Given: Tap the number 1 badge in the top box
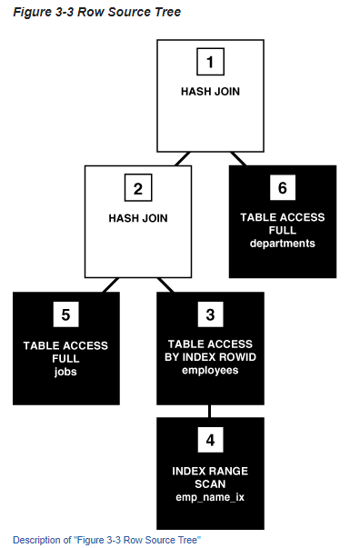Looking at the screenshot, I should tap(210, 63).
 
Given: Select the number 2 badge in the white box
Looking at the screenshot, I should tap(138, 189).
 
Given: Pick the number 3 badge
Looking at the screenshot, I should tap(210, 315).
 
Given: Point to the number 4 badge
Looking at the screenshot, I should tap(210, 441).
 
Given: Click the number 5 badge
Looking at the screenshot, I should tap(65, 315).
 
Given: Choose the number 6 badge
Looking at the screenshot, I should tap(282, 188).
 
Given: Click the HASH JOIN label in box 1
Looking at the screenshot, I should tap(210, 92).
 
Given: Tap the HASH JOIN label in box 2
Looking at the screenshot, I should tap(138, 218).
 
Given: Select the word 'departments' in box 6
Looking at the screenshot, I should tap(282, 244).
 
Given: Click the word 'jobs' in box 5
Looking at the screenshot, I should tap(65, 371).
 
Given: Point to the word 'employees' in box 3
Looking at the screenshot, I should tap(210, 371).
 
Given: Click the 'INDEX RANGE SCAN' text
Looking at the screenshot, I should tap(210, 477).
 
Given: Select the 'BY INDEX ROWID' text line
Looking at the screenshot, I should tap(210, 358).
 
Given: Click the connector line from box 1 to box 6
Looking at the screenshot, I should tap(238, 158).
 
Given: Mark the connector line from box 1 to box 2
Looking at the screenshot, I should tap(182, 158).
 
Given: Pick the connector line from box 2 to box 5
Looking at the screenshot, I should tap(110, 284).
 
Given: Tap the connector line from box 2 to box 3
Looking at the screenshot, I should tap(166, 284).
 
